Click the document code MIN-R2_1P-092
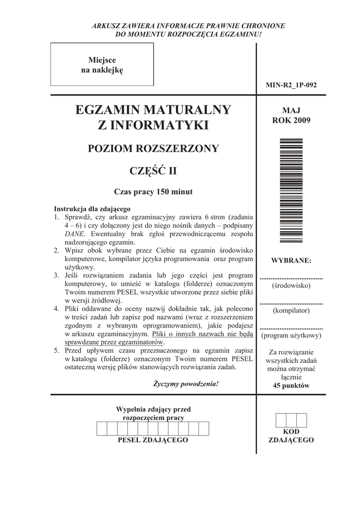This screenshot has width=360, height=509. point(291,85)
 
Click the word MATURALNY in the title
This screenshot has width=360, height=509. point(187,109)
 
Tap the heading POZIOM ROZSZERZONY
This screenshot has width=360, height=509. point(153,149)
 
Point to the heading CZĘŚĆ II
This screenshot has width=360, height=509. point(153,172)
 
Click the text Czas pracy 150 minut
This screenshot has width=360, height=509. point(153,192)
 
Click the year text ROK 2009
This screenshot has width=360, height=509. point(291,120)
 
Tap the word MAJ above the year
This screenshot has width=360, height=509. point(291,110)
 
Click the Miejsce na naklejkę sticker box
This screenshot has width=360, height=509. point(102,65)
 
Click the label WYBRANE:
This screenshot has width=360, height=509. point(291,260)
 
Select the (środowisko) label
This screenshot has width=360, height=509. point(291,286)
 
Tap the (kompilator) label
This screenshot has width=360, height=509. point(291,311)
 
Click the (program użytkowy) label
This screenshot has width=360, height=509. point(291,336)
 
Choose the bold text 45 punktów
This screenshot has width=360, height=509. point(291,386)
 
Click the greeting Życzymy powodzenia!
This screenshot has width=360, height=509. point(186,384)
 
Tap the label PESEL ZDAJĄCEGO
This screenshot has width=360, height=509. point(153,440)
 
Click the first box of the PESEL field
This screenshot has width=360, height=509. point(101,428)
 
